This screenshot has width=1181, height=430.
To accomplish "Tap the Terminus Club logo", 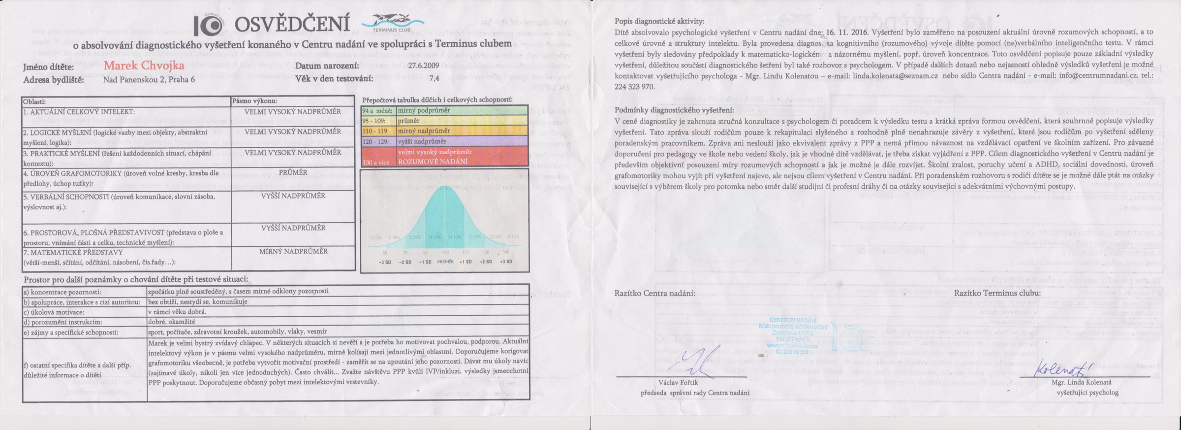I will (x=393, y=23).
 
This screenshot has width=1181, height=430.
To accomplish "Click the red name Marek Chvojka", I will (x=144, y=66).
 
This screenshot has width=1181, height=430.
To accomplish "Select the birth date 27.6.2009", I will (x=423, y=66).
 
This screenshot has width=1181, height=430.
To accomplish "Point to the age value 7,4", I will (x=434, y=78).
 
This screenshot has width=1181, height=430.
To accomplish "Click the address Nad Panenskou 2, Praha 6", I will (x=149, y=79).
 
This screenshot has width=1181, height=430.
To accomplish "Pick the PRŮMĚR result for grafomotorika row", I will (x=293, y=173).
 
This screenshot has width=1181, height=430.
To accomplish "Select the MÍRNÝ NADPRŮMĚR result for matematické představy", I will (x=293, y=251).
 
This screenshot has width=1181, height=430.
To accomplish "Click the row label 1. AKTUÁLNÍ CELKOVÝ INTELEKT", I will (x=79, y=112).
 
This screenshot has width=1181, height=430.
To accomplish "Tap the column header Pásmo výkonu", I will (x=254, y=101).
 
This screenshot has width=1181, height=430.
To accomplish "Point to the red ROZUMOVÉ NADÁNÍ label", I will (x=433, y=162).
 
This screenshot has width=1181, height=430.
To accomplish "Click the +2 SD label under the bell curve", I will (x=486, y=262).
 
